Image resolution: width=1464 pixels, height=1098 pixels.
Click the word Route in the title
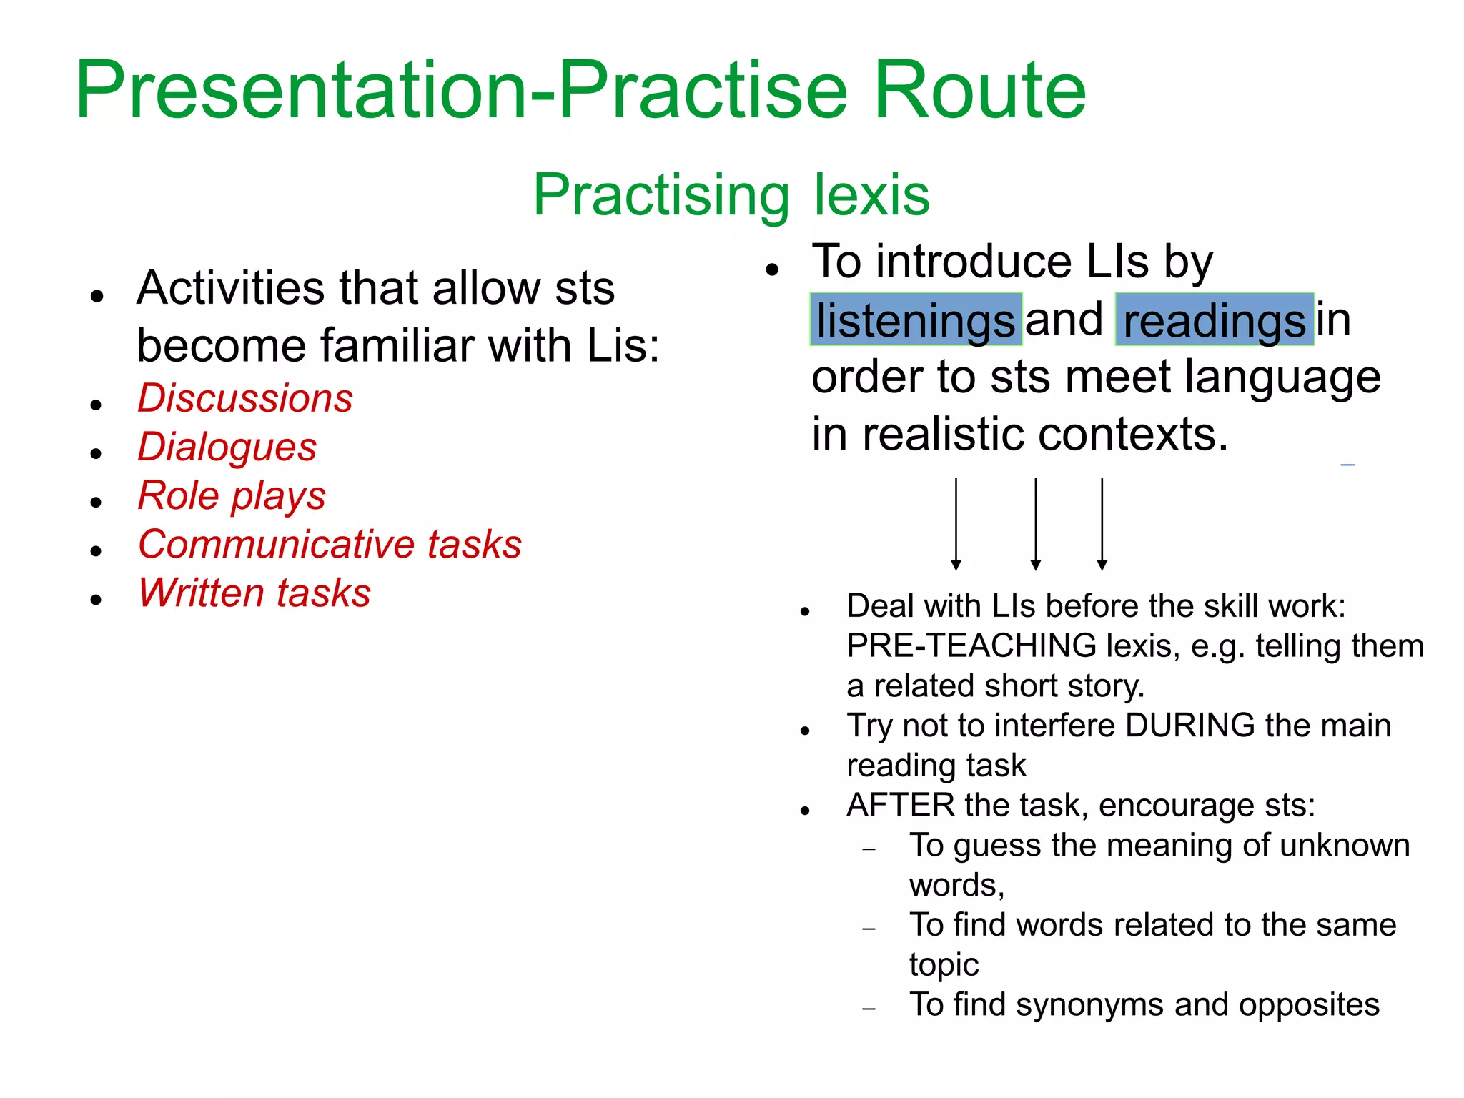(979, 91)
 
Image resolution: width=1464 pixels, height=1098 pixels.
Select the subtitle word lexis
(871, 194)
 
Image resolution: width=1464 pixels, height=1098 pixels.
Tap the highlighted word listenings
(916, 320)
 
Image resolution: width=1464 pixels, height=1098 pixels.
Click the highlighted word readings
(1215, 320)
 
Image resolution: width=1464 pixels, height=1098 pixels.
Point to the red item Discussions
(245, 398)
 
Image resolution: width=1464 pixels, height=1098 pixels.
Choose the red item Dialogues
(227, 447)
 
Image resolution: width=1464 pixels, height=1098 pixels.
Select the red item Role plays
(232, 495)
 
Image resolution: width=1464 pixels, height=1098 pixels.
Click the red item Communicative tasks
(330, 544)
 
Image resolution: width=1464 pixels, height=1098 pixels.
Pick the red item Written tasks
(254, 593)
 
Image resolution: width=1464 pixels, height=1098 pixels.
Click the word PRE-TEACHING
(971, 646)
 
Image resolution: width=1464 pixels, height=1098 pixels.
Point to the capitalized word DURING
(1189, 726)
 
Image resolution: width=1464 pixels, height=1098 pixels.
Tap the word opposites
(1308, 1005)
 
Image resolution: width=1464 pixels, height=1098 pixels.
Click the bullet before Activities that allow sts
(97, 295)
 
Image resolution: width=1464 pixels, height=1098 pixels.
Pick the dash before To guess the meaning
(869, 849)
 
